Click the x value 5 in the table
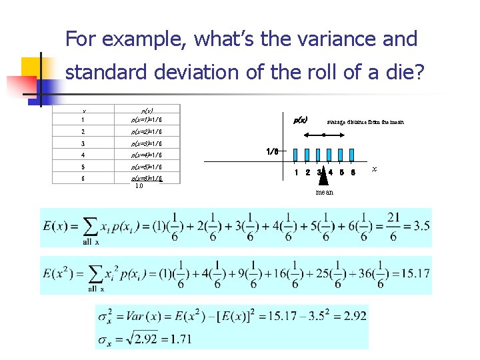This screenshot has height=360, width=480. [83, 167]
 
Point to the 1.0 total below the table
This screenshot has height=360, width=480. [139, 186]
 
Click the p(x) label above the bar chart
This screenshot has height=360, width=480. [301, 120]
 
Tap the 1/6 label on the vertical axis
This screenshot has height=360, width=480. [272, 151]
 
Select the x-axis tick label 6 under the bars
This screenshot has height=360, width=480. [353, 173]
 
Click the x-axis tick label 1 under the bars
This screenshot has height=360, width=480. [296, 173]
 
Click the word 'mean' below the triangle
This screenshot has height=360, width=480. [325, 192]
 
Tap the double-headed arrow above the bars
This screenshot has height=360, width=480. [324, 135]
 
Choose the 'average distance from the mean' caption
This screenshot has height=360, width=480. [365, 122]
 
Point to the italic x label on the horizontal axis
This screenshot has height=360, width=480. [374, 169]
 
